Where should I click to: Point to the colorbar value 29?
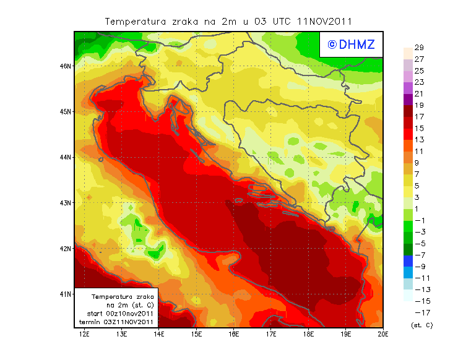coord(419,48)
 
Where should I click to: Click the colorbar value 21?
coord(419,93)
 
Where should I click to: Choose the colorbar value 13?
coord(419,140)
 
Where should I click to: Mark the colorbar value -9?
coord(419,267)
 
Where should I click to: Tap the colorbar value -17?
coord(419,312)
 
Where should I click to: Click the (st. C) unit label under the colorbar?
coord(421,325)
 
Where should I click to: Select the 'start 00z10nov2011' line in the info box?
coord(121,314)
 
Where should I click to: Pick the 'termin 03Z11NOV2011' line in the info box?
coord(121,322)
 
